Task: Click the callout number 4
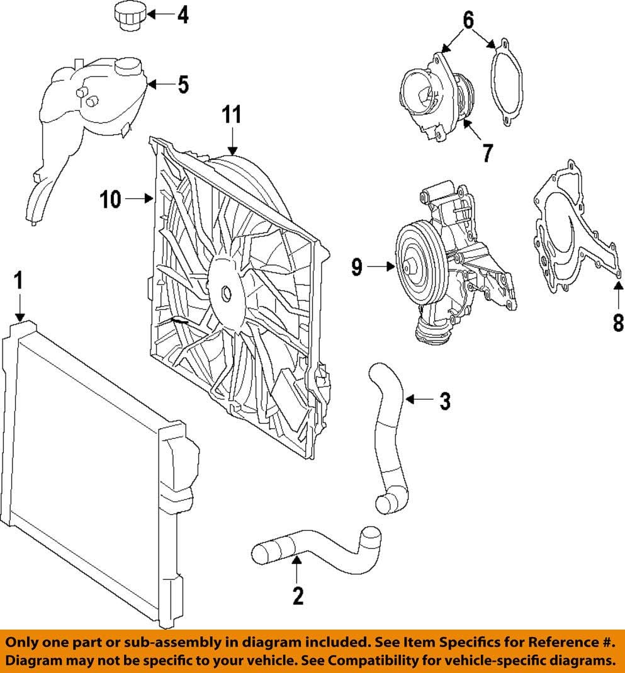pyautogui.click(x=183, y=14)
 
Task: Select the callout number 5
pyautogui.click(x=183, y=84)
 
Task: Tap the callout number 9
pyautogui.click(x=357, y=268)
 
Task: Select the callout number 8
pyautogui.click(x=618, y=323)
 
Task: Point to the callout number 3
pyautogui.click(x=445, y=400)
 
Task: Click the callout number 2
pyautogui.click(x=298, y=595)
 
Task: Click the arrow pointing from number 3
pyautogui.click(x=419, y=400)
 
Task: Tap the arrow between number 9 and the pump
pyautogui.click(x=380, y=268)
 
